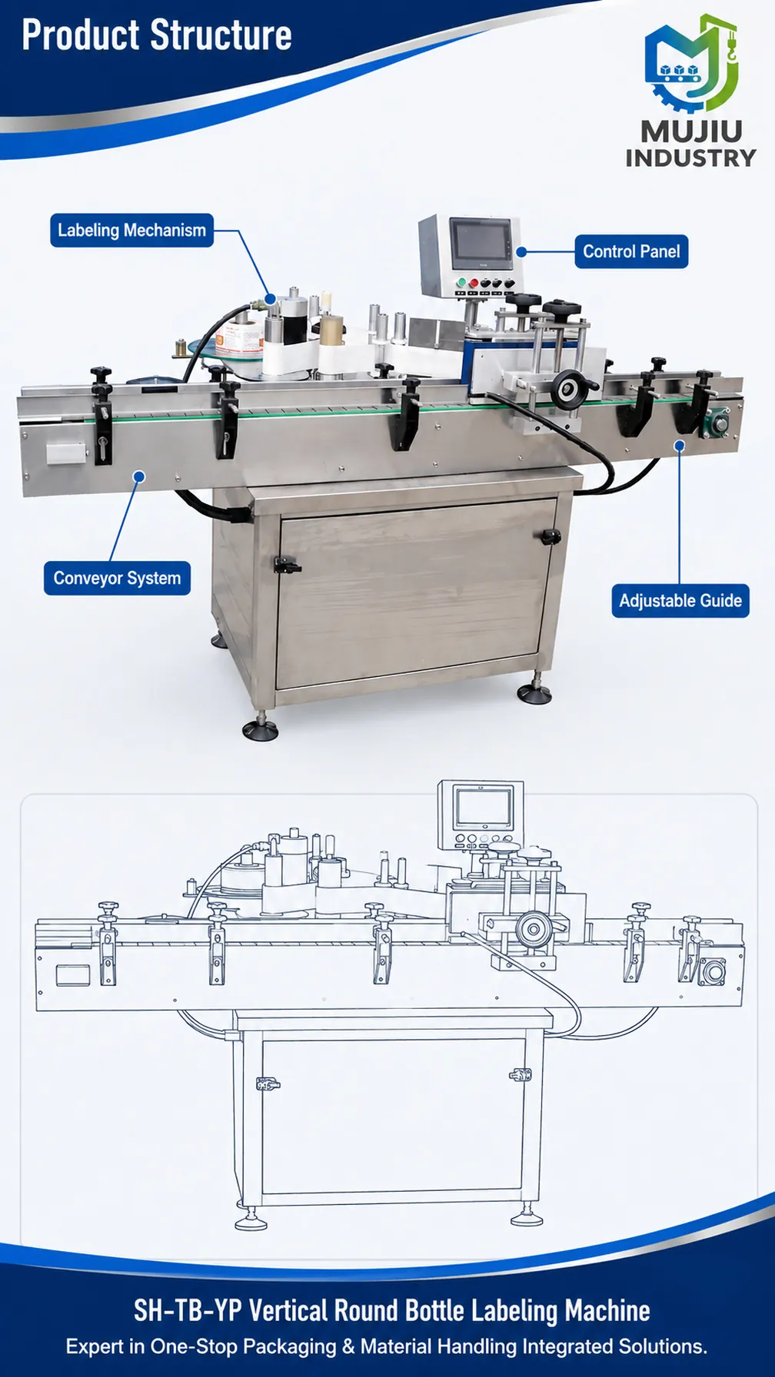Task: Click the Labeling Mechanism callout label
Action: pyautogui.click(x=131, y=231)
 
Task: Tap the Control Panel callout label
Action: pyautogui.click(x=631, y=251)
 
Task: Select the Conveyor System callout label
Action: pyautogui.click(x=117, y=579)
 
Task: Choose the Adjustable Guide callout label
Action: pyautogui.click(x=680, y=601)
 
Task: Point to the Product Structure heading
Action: pyautogui.click(x=157, y=35)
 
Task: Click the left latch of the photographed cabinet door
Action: pyautogui.click(x=286, y=566)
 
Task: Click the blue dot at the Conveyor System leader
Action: pyautogui.click(x=139, y=476)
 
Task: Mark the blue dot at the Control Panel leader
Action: pyautogui.click(x=521, y=251)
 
